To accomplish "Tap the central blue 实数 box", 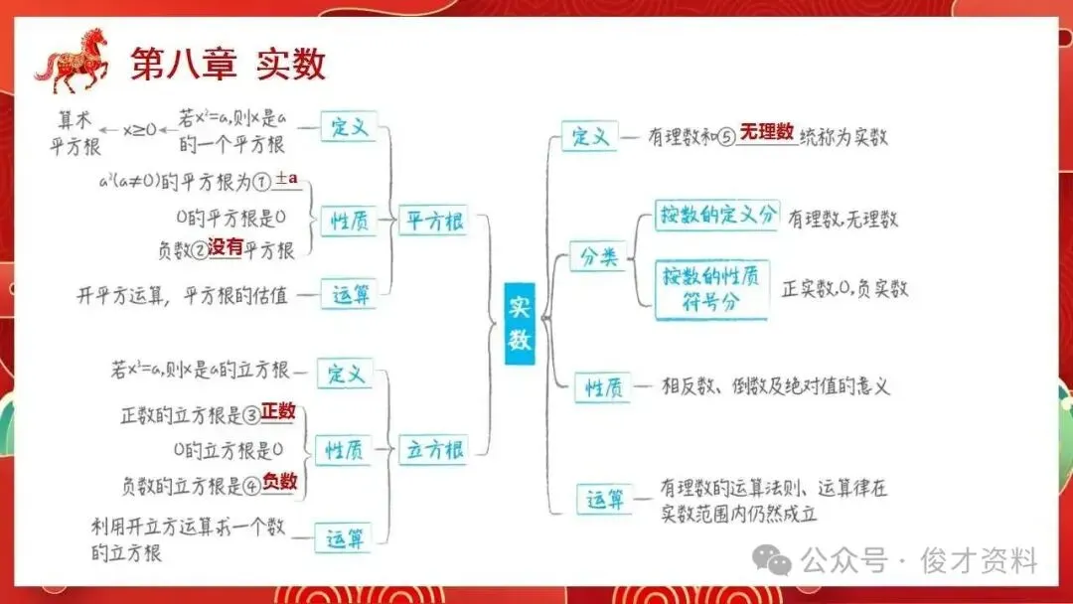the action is tap(520, 322).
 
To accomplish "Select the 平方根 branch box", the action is tap(433, 222).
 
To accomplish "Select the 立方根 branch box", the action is tap(433, 449).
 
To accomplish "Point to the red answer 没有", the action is tap(226, 248).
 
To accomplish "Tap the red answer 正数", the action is tap(279, 410).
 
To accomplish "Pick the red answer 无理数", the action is tap(766, 131).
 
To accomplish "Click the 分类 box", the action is tap(599, 258).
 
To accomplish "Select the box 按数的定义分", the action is tap(716, 216).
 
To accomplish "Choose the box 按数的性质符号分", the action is tap(712, 289).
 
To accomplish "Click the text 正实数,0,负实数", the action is tap(845, 289).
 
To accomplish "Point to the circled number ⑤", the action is tap(726, 137).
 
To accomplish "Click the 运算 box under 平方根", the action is tap(349, 294).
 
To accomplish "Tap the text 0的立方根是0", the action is tap(228, 449).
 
